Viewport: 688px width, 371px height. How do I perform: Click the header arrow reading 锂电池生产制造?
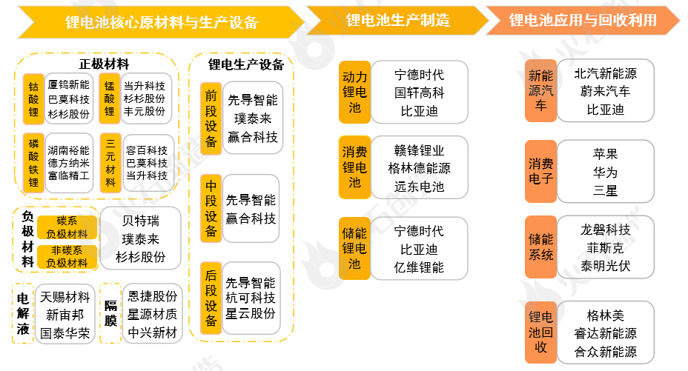(397, 20)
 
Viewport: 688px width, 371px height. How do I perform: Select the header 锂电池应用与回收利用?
(582, 20)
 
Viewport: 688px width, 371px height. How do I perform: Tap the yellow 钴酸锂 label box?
(33, 99)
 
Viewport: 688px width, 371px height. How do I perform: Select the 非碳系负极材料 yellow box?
(67, 256)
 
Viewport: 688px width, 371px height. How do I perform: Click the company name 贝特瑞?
(141, 221)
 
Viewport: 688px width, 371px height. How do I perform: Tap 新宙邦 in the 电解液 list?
(65, 315)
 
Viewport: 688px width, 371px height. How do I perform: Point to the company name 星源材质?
(153, 315)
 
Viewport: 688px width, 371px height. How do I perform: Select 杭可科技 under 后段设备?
(251, 298)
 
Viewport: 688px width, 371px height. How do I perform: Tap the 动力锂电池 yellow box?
(354, 92)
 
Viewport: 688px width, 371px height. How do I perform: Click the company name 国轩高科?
(419, 93)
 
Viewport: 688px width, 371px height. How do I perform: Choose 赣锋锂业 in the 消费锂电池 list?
(419, 150)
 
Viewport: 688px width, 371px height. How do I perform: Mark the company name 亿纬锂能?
(419, 267)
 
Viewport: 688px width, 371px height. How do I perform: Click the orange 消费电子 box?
(540, 171)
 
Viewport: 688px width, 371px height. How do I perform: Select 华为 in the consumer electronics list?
(605, 172)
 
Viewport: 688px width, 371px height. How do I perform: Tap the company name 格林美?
(605, 316)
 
